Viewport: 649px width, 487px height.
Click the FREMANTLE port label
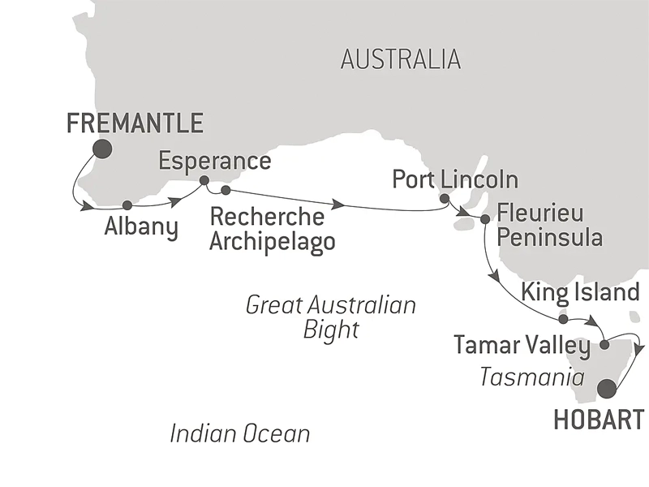coord(135,123)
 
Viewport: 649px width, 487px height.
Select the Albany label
coord(141,227)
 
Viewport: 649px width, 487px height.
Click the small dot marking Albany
coord(127,205)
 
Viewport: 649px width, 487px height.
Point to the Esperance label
coord(214,161)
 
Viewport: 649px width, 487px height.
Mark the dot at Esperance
coord(204,180)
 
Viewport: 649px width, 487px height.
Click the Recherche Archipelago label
coord(272,231)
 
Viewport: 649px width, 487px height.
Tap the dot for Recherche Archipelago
coord(226,191)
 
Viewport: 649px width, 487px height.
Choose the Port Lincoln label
coord(454,179)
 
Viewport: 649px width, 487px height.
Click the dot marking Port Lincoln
coord(444,198)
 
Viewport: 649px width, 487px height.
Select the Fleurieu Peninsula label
coord(550,225)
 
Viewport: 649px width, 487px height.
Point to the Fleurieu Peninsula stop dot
coord(484,218)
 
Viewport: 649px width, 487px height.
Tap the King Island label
coord(581,291)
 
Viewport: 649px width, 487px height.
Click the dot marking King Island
coord(563,319)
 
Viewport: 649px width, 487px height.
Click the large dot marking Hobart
coord(606,390)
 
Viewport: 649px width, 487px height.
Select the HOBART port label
coord(600,420)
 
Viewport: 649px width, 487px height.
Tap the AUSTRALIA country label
coord(401,59)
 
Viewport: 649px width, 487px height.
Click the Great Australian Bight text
coord(331,317)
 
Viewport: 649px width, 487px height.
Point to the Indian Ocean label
coord(240,433)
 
